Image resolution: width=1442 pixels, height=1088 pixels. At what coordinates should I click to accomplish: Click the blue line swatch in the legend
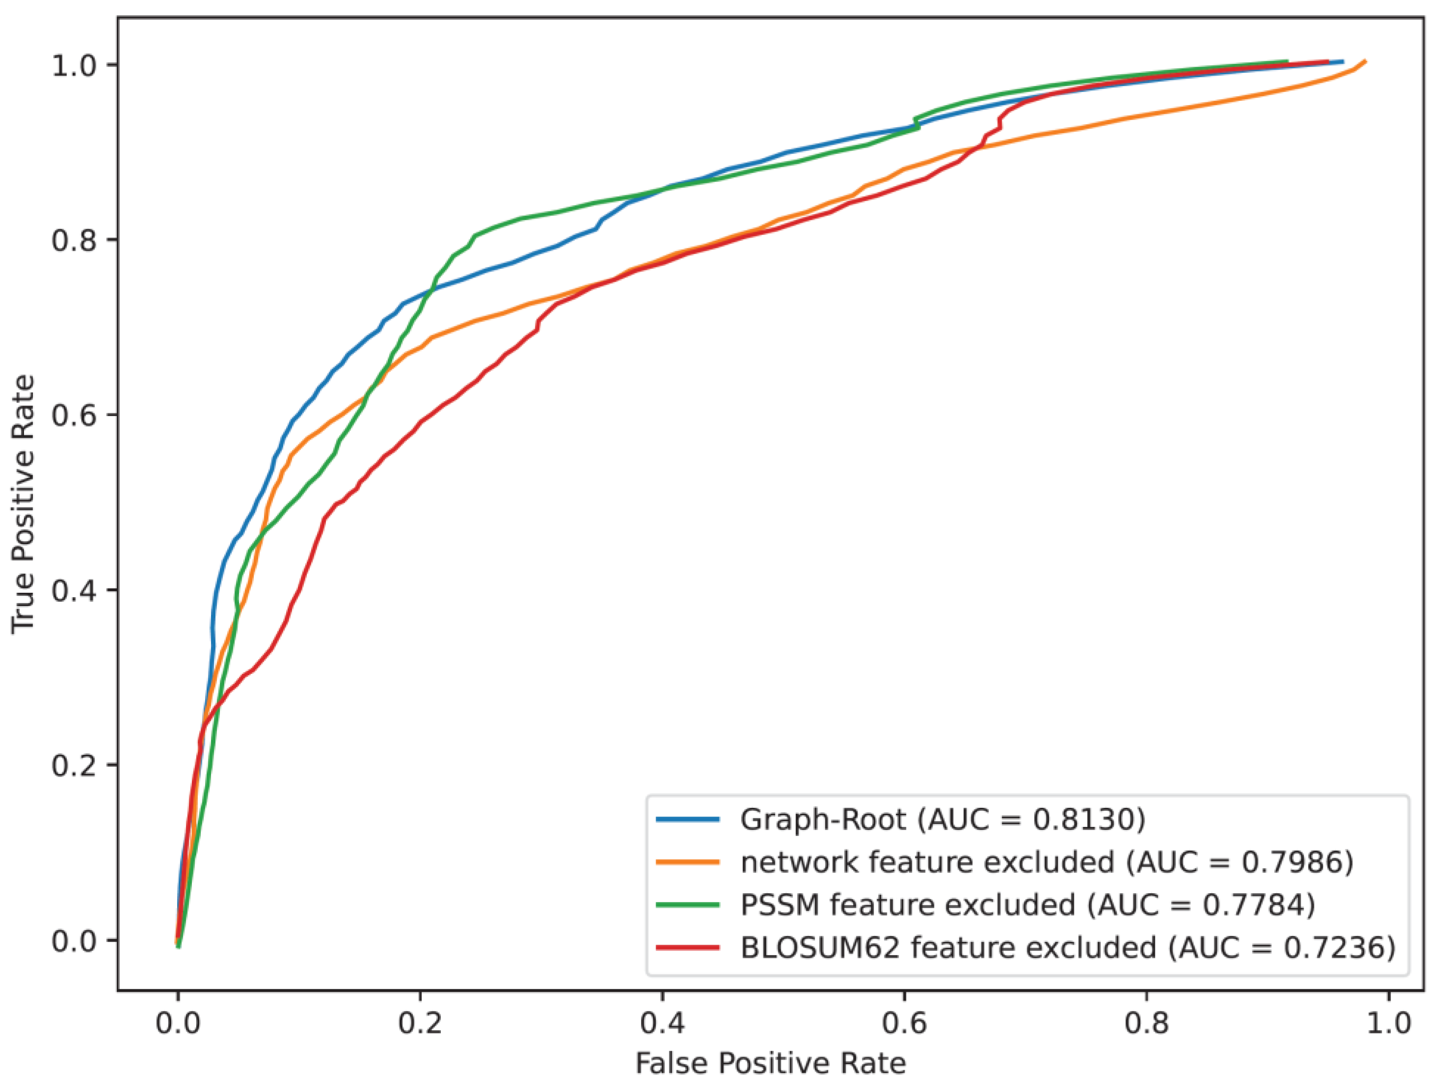click(x=688, y=820)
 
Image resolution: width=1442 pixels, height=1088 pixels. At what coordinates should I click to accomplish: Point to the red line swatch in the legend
click(x=688, y=948)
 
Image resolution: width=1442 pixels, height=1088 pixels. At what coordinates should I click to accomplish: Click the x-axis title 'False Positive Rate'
click(x=771, y=1064)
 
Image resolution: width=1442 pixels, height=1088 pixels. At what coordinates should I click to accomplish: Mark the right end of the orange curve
click(x=1365, y=62)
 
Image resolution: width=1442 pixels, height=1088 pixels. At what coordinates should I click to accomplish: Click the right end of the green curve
click(x=1287, y=62)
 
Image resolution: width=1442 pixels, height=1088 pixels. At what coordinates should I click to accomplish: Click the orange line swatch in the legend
click(x=688, y=862)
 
